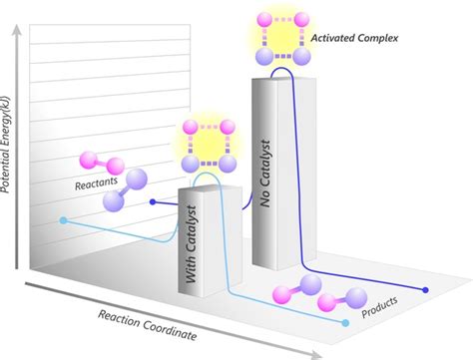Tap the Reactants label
[x=98, y=183]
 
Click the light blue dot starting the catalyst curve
[x=63, y=219]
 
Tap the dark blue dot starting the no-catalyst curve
[x=151, y=201]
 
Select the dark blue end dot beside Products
[x=426, y=290]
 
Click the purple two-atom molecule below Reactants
[x=123, y=190]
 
